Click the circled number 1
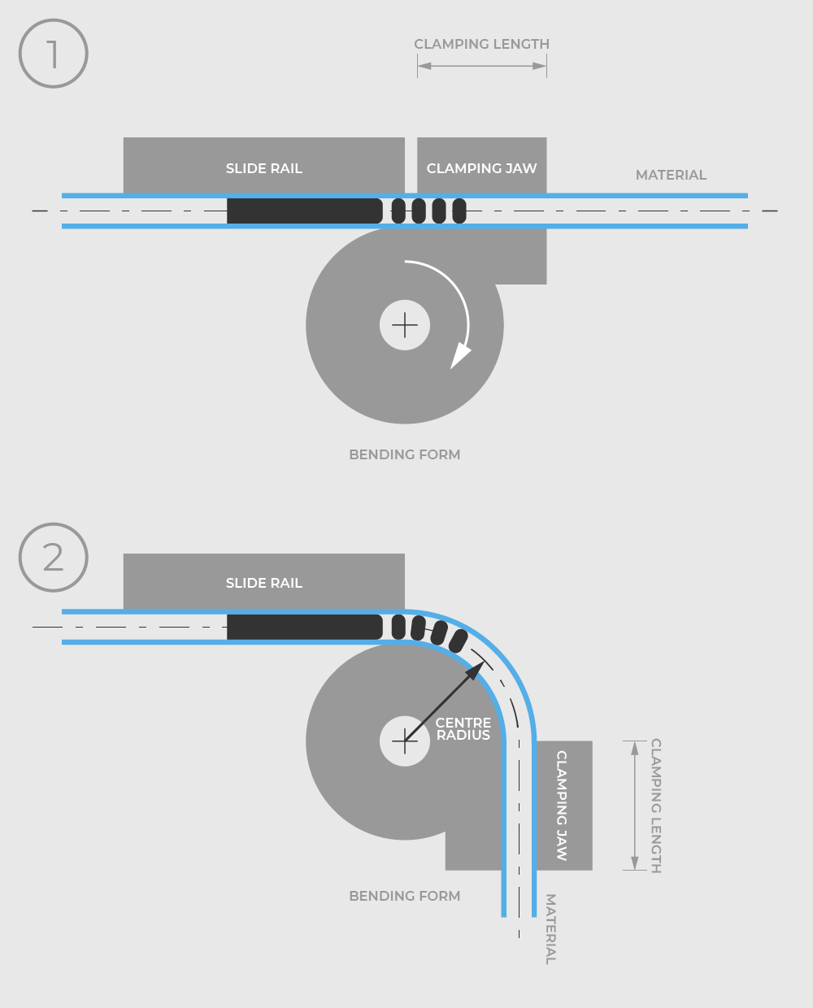click(53, 54)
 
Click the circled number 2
click(53, 558)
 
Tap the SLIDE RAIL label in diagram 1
click(264, 168)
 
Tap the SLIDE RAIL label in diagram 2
click(264, 583)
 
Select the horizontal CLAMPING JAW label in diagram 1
click(481, 168)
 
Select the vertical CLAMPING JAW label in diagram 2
click(562, 806)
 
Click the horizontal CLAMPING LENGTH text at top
click(481, 44)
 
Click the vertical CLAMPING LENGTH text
click(655, 806)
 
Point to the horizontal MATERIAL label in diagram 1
click(671, 175)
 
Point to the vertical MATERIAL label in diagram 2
click(550, 929)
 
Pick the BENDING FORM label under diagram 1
click(404, 454)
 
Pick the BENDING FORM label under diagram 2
click(404, 896)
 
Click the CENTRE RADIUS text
click(463, 728)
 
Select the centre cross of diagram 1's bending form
click(405, 325)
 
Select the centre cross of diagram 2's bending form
click(405, 741)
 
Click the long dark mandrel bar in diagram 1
click(304, 211)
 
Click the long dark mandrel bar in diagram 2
click(304, 627)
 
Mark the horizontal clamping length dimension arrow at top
click(481, 66)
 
